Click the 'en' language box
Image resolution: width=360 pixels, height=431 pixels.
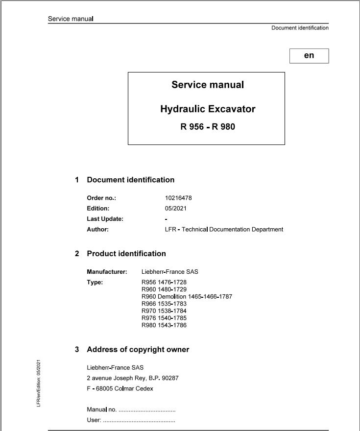(309, 55)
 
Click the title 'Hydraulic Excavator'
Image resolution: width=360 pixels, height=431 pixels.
(208, 109)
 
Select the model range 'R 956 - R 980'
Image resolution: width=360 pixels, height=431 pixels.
(208, 127)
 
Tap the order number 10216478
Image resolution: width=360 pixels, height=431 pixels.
(178, 198)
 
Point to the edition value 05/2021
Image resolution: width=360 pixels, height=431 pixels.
(176, 209)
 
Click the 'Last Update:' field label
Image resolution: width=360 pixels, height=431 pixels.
(105, 219)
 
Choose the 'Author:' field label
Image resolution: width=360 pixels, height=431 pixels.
(97, 229)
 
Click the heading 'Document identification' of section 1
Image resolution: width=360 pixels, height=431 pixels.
(130, 180)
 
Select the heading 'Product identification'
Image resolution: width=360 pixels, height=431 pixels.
(126, 254)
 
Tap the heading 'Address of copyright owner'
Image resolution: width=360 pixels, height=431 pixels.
(138, 350)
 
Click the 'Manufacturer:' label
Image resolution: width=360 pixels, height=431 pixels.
(107, 271)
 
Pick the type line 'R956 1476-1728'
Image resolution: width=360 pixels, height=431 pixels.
(164, 282)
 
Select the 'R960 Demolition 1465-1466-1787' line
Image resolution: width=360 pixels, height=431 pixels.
(187, 296)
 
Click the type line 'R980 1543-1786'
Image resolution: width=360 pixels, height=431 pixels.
(164, 325)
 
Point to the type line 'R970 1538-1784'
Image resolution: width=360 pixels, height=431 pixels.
(164, 311)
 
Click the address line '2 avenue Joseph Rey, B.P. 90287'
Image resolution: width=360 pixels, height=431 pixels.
(132, 378)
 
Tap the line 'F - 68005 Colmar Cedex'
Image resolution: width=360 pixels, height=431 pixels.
(120, 388)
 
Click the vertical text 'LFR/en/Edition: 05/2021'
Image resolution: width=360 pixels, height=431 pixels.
(39, 383)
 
